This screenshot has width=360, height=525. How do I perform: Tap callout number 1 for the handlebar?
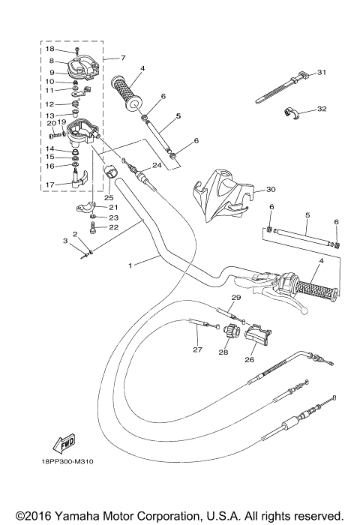pyautogui.click(x=132, y=264)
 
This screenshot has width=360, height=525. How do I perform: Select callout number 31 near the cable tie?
pyautogui.click(x=322, y=73)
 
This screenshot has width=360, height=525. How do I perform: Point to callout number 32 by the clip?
pyautogui.click(x=322, y=109)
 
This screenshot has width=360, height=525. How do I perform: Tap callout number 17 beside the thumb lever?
pyautogui.click(x=50, y=184)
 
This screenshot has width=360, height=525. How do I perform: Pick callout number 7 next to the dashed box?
pyautogui.click(x=123, y=58)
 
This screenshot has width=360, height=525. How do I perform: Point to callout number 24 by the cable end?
pyautogui.click(x=157, y=165)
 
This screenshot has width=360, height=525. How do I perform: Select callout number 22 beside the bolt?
pyautogui.click(x=114, y=227)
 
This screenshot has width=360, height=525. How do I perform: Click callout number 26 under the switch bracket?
pyautogui.click(x=248, y=358)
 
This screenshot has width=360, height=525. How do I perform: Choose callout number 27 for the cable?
pyautogui.click(x=198, y=349)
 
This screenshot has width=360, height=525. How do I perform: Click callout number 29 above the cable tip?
pyautogui.click(x=235, y=298)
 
